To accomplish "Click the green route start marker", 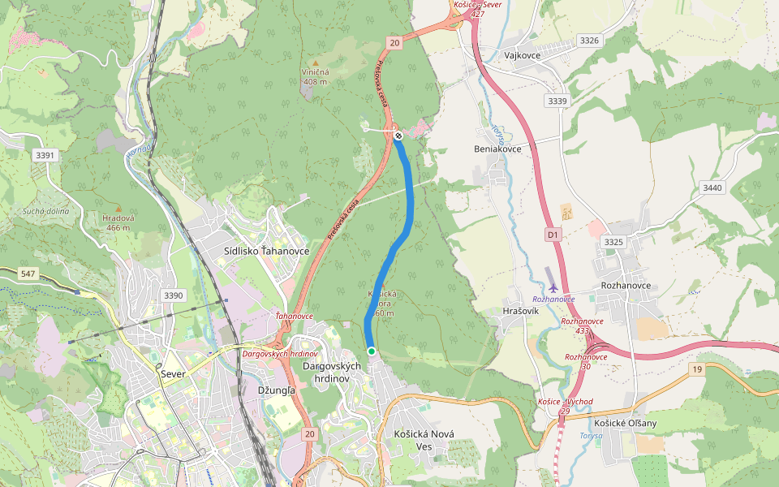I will click(x=371, y=351).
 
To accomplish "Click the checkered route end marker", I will click(x=398, y=136).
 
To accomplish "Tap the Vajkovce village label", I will click(x=522, y=55).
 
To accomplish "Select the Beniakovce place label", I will click(x=497, y=149).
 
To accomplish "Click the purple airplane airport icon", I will click(x=553, y=287).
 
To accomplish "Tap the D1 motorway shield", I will click(x=553, y=235).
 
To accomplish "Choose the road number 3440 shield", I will click(x=712, y=187).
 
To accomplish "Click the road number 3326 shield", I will click(x=589, y=40).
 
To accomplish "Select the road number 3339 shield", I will click(x=557, y=101).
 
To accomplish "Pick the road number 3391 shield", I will click(x=45, y=155).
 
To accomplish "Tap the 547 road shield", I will click(x=28, y=274).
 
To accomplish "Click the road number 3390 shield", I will click(x=173, y=295).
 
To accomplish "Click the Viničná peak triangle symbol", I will click(x=315, y=62).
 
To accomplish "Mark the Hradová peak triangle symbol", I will click(x=118, y=207).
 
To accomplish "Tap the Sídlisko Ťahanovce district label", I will click(x=266, y=252).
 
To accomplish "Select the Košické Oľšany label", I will click(x=625, y=423).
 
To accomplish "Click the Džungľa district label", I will click(x=275, y=390).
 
